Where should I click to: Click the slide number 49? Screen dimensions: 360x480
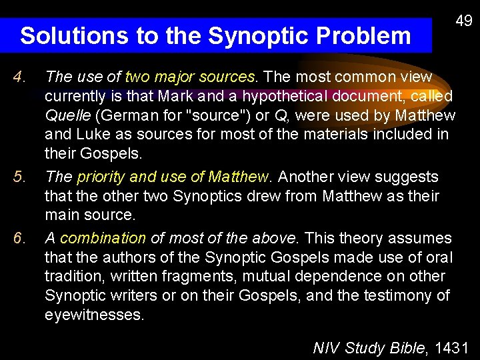[463, 21]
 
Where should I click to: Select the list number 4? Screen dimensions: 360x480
[21, 77]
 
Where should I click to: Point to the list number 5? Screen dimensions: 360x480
[21, 177]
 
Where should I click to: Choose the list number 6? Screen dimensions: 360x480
[21, 238]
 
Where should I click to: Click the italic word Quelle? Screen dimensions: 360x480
[67, 116]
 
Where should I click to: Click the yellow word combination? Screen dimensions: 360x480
[103, 238]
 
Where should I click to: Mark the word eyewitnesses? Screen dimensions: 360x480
[94, 315]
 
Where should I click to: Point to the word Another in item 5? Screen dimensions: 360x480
[307, 177]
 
